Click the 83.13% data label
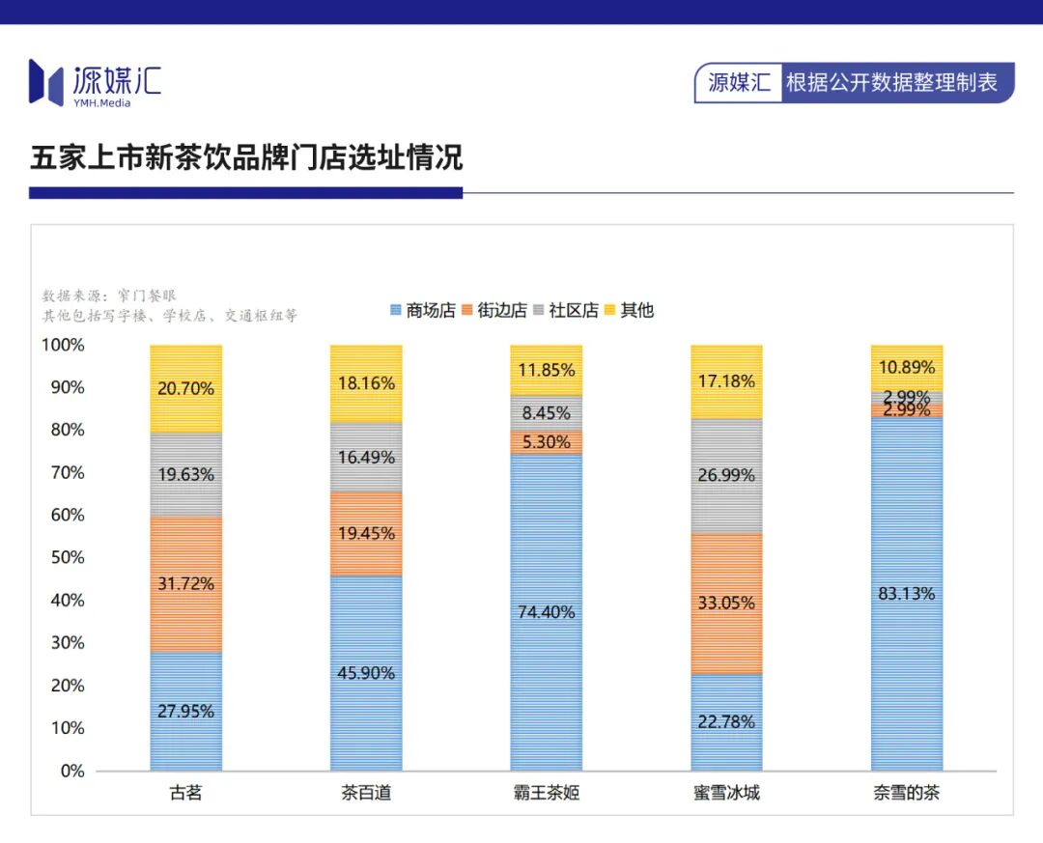click(907, 594)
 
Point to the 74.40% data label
click(547, 611)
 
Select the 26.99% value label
click(726, 475)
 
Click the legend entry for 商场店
click(422, 310)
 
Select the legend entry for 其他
click(630, 310)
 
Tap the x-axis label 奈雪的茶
click(907, 794)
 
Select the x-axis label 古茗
click(186, 794)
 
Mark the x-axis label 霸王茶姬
click(547, 794)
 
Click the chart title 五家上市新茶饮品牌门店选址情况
click(246, 157)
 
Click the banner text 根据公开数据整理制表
click(891, 82)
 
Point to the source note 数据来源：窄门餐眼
click(109, 295)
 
